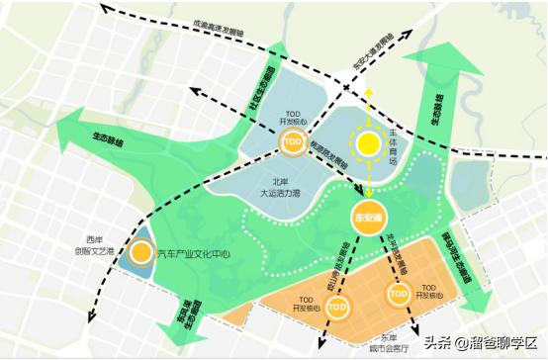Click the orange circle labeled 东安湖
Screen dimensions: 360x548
367,215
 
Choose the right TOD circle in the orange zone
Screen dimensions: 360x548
399,295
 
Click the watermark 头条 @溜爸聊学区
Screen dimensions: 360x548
484,342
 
